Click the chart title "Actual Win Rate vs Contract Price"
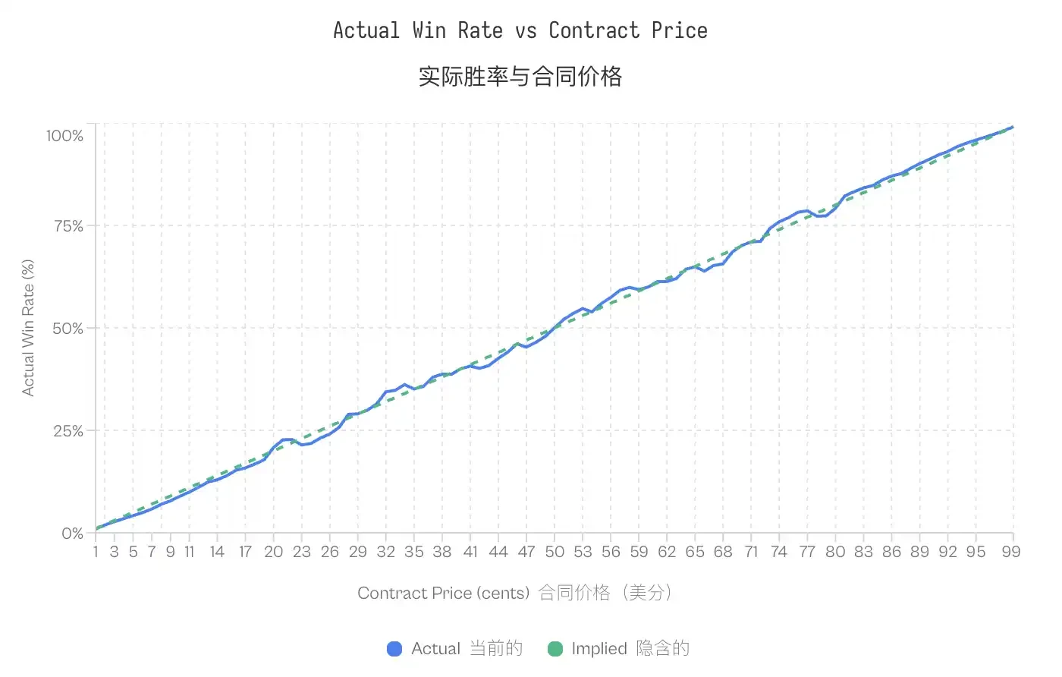point(520,30)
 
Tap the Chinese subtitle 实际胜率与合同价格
point(520,77)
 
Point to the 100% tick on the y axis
point(64,136)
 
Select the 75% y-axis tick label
point(68,226)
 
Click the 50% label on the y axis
point(68,329)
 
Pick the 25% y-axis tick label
point(68,431)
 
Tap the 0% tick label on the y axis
point(72,534)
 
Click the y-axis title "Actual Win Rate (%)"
point(28,328)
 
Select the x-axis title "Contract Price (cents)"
point(443,593)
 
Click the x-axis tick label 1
point(96,552)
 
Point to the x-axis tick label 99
point(1010,552)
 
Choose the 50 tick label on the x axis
point(555,552)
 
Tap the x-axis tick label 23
point(302,552)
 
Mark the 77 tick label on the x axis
point(807,552)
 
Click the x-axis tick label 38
point(442,552)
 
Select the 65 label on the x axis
point(695,552)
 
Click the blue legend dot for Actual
point(394,649)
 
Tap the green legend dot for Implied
point(555,649)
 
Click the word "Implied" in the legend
point(599,649)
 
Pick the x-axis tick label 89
point(919,552)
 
